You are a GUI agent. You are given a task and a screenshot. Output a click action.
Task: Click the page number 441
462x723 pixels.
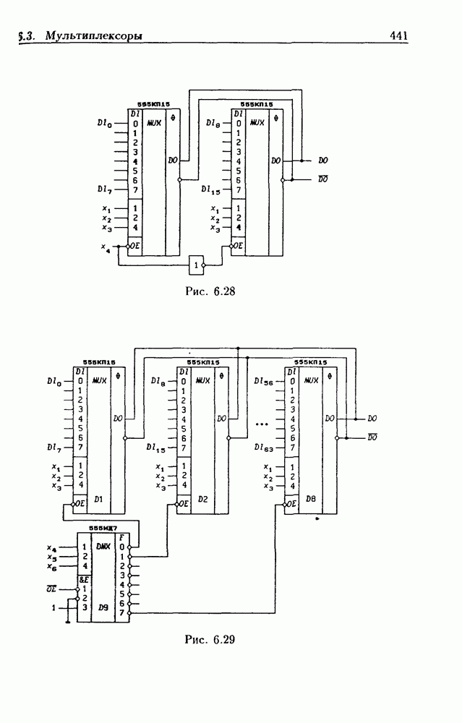[x=399, y=35]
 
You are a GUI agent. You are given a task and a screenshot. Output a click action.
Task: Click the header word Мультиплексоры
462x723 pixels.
[x=93, y=35]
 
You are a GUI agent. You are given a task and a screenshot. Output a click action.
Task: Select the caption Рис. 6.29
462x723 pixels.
[x=210, y=639]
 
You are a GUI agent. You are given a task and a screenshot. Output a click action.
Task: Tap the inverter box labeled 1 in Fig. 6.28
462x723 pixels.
[x=196, y=265]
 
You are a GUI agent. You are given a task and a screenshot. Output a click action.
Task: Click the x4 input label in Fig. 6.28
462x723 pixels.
[x=106, y=247]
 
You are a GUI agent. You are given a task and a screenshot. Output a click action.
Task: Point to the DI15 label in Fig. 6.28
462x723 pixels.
[x=210, y=190]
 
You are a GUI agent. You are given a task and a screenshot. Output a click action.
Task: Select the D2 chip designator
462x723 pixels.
[x=203, y=499]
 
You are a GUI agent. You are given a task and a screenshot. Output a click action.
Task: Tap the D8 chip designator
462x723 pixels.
[x=310, y=499]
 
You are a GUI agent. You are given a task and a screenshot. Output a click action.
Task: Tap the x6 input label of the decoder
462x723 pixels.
[x=51, y=568]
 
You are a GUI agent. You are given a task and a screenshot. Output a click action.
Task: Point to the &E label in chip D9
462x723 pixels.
[x=83, y=579]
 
